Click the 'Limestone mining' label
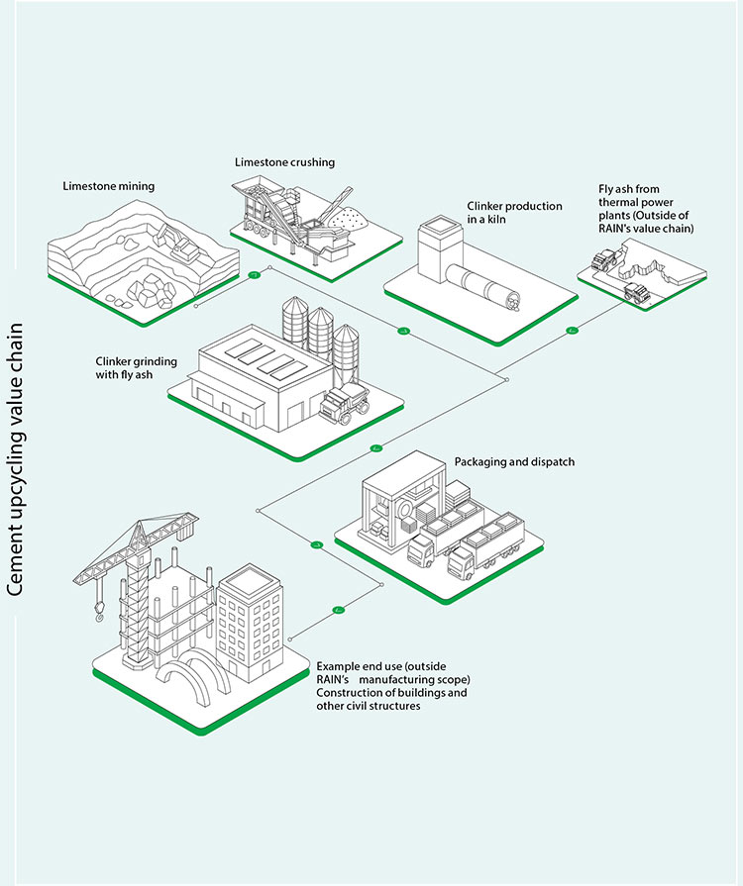108,185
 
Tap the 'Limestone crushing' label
284,161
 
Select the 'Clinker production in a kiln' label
514,213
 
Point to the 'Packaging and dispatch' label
514,462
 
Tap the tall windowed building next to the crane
251,614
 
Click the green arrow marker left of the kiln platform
403,330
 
